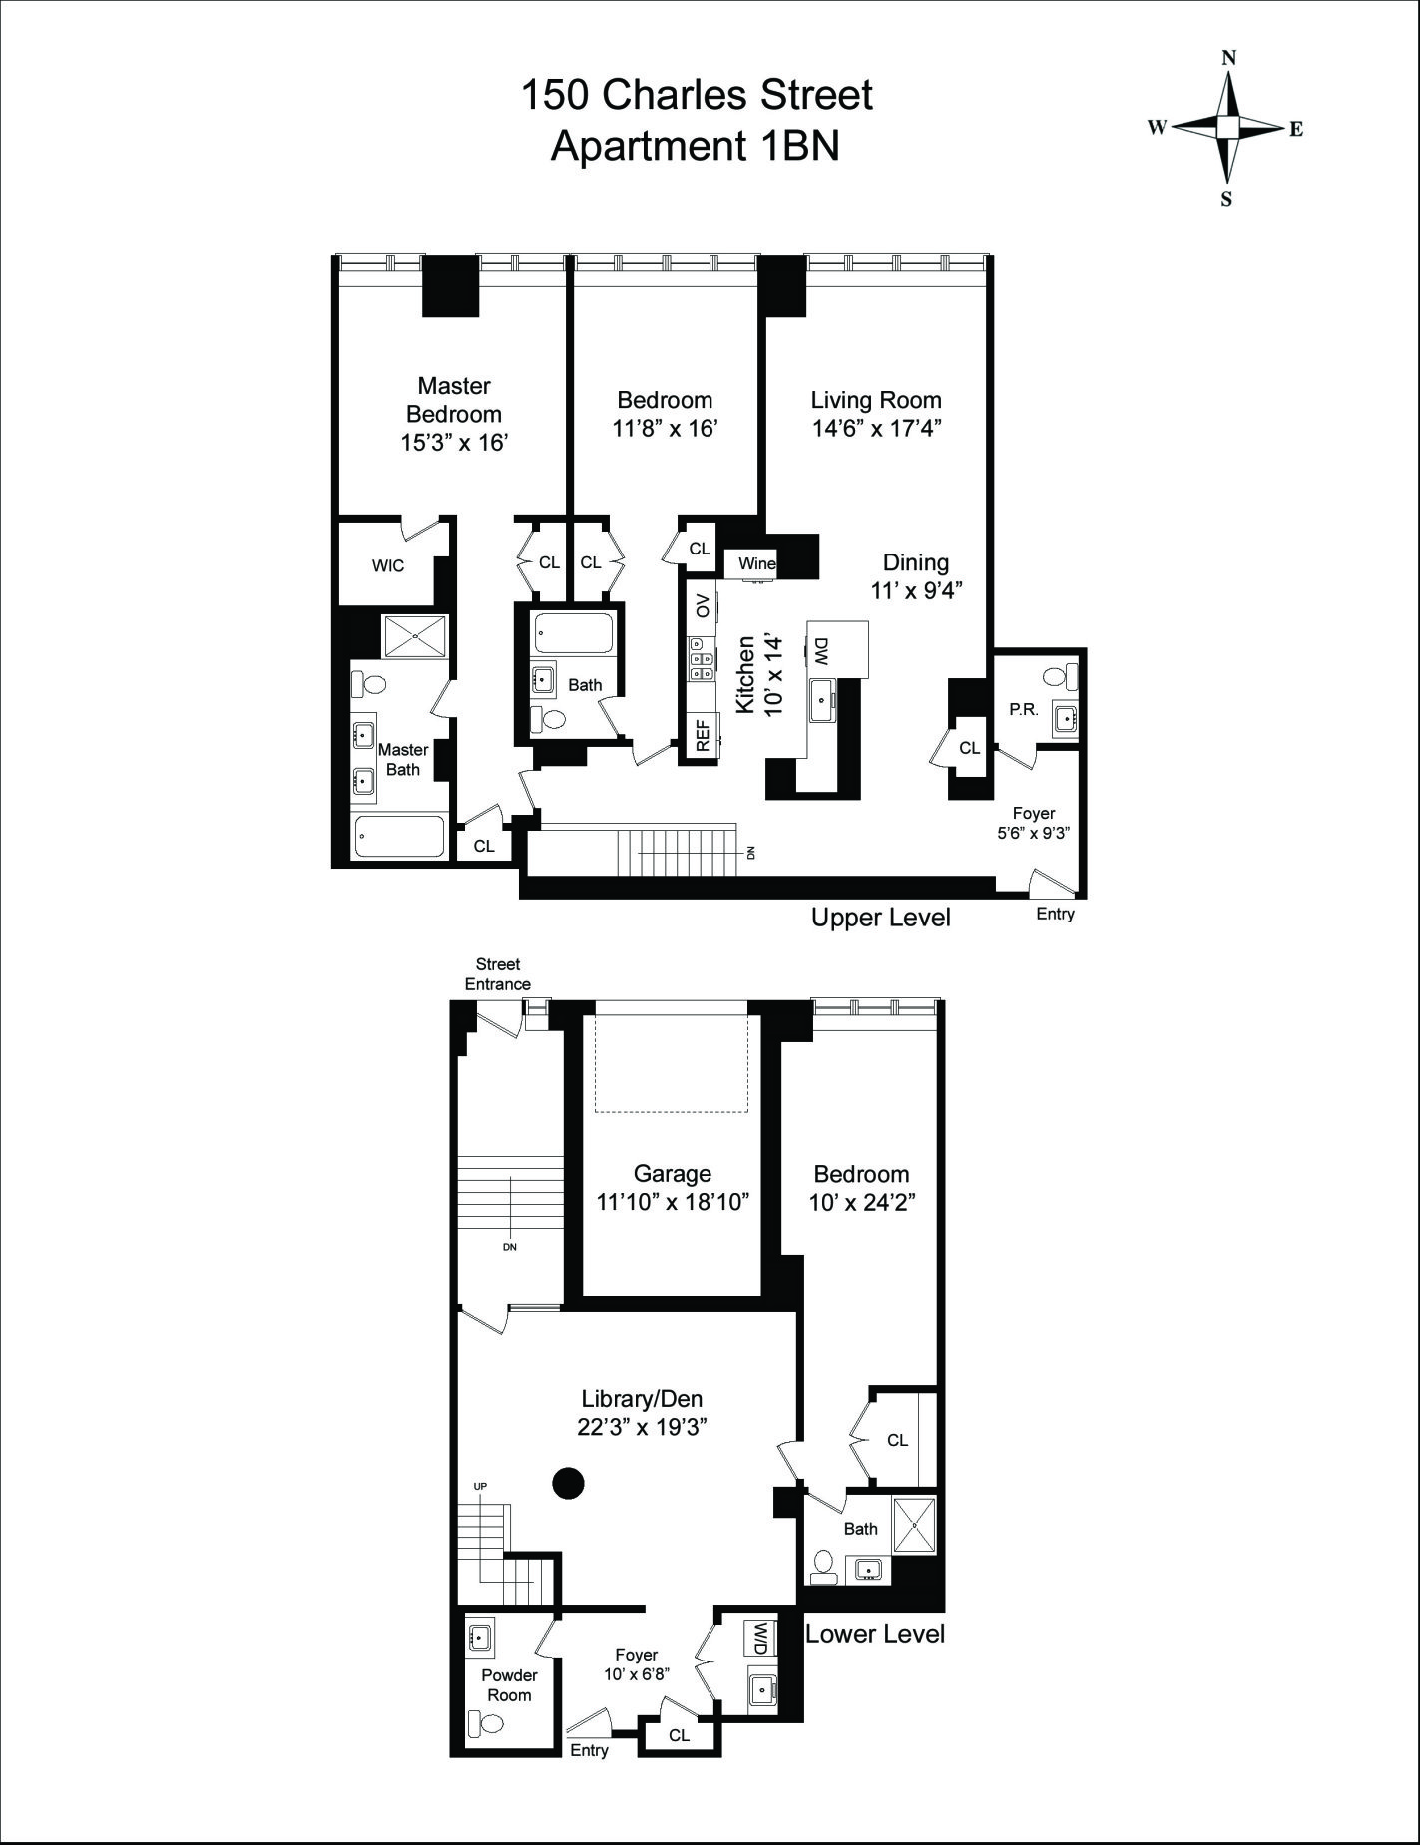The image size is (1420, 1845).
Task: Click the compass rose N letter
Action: pyautogui.click(x=1229, y=58)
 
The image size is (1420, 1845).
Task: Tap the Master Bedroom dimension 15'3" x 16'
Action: pyautogui.click(x=454, y=443)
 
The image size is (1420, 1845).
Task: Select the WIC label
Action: pyautogui.click(x=388, y=566)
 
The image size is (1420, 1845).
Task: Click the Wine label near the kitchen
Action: pyautogui.click(x=756, y=564)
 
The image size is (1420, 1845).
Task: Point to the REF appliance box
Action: pyautogui.click(x=703, y=735)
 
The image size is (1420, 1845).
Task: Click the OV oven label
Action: pyautogui.click(x=703, y=605)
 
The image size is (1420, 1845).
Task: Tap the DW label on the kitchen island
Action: pyautogui.click(x=821, y=652)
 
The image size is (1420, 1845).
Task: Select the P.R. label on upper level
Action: pyautogui.click(x=1023, y=710)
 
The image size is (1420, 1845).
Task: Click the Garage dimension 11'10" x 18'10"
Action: pyautogui.click(x=672, y=1203)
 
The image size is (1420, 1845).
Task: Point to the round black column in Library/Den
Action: pyautogui.click(x=568, y=1484)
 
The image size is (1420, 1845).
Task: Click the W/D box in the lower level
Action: pyautogui.click(x=760, y=1636)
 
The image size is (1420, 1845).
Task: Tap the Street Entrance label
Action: pyautogui.click(x=497, y=974)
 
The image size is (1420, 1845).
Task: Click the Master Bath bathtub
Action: pyautogui.click(x=399, y=837)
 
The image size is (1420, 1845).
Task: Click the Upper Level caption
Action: pyautogui.click(x=880, y=918)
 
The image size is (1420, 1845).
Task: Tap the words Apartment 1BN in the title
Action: pyautogui.click(x=696, y=146)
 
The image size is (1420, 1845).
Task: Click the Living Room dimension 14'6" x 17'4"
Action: pyautogui.click(x=875, y=429)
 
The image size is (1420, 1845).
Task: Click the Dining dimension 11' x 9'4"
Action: pyautogui.click(x=915, y=590)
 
